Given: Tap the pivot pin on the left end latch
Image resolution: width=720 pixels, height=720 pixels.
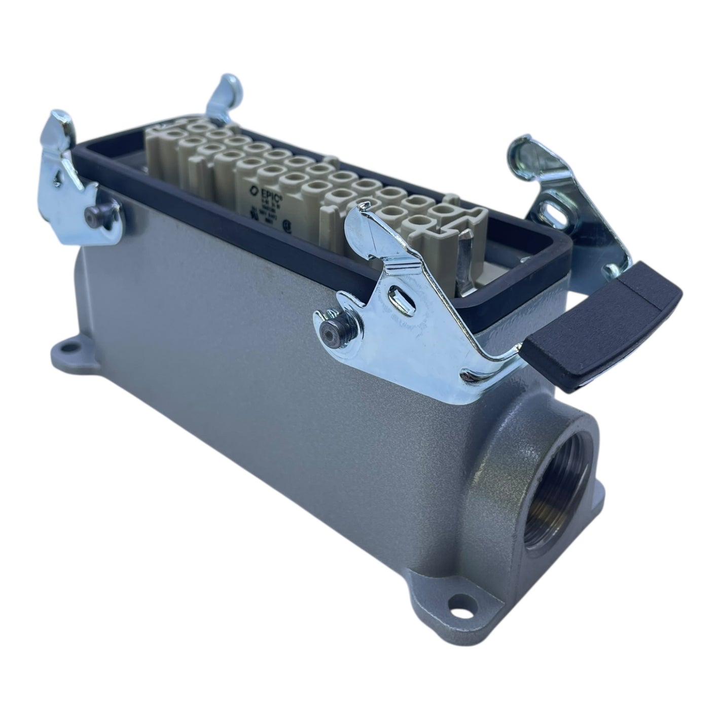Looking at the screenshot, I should pyautogui.click(x=92, y=218).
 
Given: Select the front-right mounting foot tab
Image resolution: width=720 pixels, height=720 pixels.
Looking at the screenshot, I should pyautogui.click(x=456, y=603).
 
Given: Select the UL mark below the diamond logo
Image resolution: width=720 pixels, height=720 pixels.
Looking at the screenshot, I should pyautogui.click(x=251, y=207).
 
